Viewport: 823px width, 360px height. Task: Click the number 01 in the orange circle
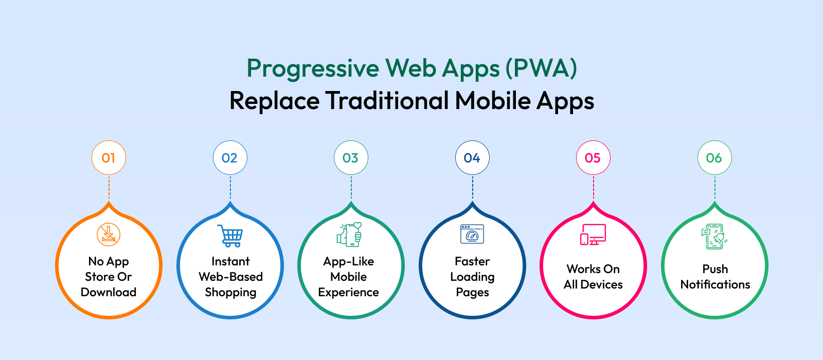109,158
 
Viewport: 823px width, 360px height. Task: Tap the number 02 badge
230,157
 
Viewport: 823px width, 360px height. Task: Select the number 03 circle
351,157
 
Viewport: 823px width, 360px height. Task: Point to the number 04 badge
472,157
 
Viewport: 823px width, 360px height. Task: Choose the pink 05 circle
593,157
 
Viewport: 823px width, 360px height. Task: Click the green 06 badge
714,157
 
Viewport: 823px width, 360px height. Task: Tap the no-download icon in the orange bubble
109,235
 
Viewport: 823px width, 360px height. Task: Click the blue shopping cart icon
230,236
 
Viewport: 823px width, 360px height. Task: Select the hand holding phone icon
349,235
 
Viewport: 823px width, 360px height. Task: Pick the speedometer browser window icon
472,234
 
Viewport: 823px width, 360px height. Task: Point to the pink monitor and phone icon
593,235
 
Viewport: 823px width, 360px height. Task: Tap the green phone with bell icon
714,236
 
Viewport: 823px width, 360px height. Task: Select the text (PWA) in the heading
541,68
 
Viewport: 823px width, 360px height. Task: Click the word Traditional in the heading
387,100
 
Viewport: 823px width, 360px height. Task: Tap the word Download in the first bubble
109,292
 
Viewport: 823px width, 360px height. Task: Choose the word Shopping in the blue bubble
230,293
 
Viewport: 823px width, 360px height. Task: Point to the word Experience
348,293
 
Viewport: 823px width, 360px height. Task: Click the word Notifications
715,284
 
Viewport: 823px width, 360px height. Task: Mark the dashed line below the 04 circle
473,188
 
